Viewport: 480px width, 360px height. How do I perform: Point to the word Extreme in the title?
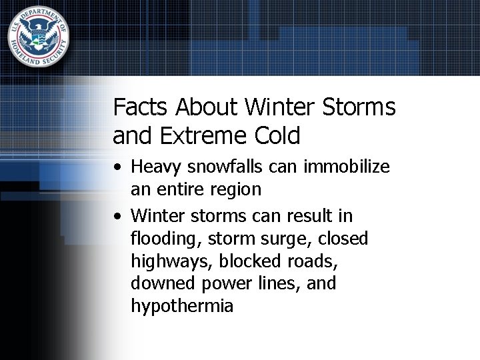click(202, 136)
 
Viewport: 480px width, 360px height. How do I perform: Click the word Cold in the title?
click(277, 136)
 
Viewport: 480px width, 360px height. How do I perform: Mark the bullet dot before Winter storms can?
click(117, 217)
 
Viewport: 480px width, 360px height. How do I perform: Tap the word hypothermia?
click(182, 307)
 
